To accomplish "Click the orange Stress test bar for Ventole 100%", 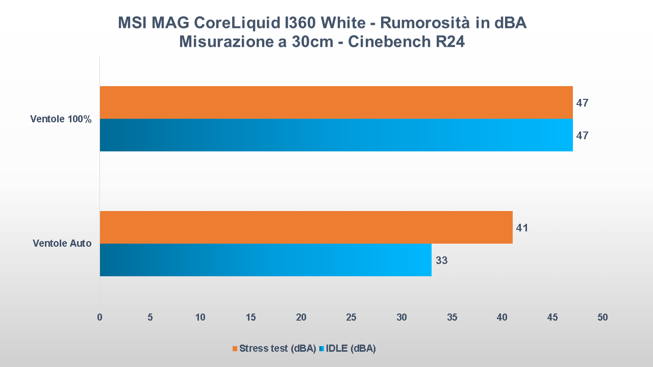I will (336, 102).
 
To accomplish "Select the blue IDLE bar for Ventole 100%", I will (336, 135).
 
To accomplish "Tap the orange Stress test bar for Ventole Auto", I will (306, 227).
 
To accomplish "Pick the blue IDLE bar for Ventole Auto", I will (265, 260).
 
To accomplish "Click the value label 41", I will (522, 228).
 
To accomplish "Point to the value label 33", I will (442, 260).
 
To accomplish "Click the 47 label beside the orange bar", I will (583, 103).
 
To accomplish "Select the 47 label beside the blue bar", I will (583, 136).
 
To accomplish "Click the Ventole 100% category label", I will (61, 119).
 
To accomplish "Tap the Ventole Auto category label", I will (62, 244).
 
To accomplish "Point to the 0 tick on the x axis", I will (99, 317).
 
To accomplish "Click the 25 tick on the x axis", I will (351, 317).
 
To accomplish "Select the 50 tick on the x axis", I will (602, 317).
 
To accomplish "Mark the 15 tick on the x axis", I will (250, 317).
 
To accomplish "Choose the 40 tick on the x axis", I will (502, 317).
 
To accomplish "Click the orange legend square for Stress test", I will (235, 349).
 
